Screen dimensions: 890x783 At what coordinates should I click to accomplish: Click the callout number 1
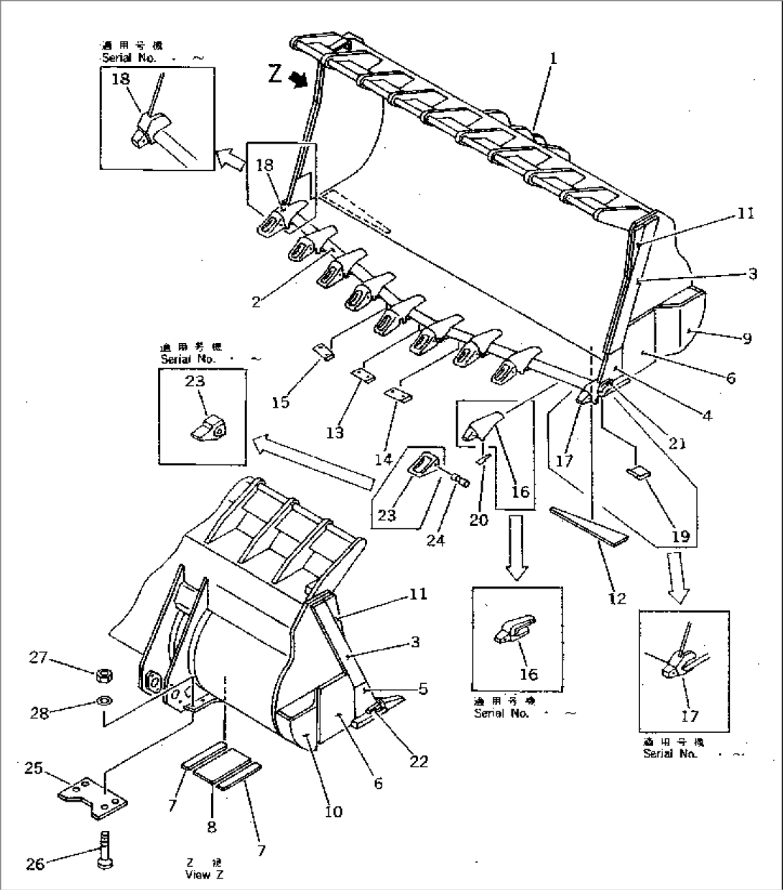553,58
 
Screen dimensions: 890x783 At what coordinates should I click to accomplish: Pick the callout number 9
747,337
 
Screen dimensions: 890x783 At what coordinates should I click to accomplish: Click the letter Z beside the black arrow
276,74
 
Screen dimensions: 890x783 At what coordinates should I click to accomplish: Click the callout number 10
333,812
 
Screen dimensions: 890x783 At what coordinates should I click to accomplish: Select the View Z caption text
198,868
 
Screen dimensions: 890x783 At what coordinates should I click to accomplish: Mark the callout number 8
211,827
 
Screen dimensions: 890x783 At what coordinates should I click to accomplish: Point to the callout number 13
335,432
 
